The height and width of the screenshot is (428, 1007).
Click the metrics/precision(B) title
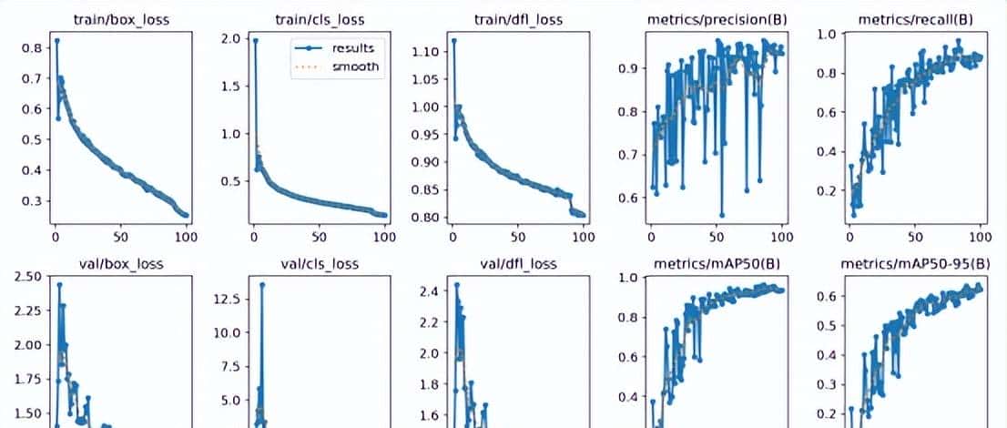[x=717, y=19]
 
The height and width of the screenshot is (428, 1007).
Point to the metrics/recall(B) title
[x=915, y=19]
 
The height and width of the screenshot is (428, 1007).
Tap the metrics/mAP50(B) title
[x=717, y=264]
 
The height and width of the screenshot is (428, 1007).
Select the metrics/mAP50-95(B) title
[x=915, y=264]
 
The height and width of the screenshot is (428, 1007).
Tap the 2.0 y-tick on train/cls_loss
[x=233, y=38]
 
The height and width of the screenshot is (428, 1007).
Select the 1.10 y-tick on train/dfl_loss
[x=425, y=52]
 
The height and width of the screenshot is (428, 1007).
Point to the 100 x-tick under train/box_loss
[x=185, y=237]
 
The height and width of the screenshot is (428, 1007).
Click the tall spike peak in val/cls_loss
[x=262, y=284]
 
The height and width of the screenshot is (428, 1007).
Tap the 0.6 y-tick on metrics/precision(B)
[x=626, y=198]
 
